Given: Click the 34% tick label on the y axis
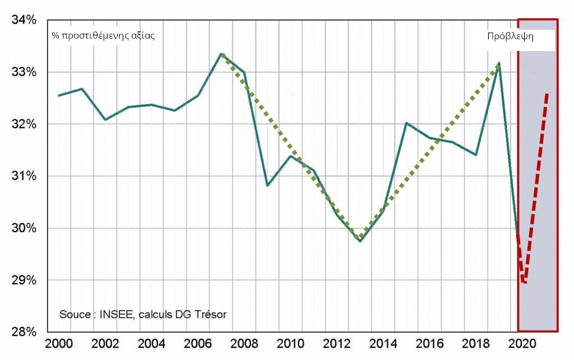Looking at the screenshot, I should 24,20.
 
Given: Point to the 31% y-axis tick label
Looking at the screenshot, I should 24,176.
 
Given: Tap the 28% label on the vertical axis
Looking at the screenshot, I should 24,331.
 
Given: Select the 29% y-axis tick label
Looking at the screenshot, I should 24,280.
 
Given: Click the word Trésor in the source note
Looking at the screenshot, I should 210,314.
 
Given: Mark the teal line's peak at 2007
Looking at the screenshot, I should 221,53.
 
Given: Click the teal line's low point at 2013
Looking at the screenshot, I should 360,242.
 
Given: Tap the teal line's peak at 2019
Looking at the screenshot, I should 499,63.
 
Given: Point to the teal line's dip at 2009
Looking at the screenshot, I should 267,185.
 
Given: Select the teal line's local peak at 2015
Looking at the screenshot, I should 406,123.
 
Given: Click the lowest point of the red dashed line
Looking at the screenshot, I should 524,283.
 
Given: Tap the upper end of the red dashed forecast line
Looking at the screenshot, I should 547,93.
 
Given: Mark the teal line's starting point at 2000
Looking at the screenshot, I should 59,95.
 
